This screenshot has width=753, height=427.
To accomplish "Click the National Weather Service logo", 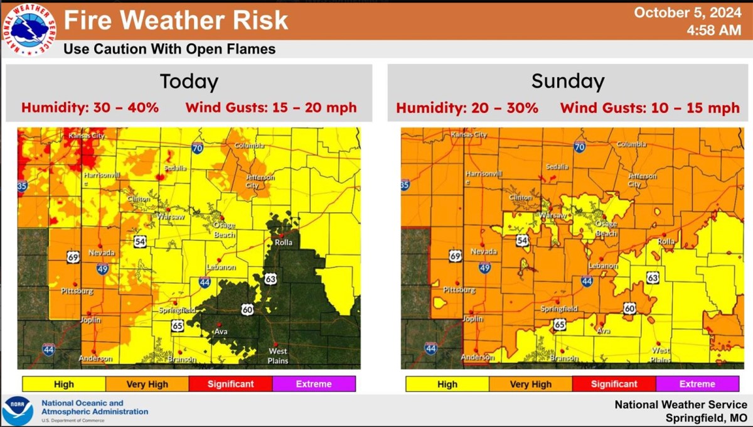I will [29, 29].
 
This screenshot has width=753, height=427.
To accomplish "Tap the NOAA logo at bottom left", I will [18, 411].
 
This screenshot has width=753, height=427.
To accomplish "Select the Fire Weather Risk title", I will [176, 20].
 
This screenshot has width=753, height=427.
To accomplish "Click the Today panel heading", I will [189, 82].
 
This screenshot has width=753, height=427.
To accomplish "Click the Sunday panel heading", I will [568, 81].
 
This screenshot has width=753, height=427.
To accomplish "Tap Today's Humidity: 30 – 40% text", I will [90, 107].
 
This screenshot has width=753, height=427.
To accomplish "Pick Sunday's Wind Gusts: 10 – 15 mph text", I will [650, 108].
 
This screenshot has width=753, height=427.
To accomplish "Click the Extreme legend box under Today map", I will [314, 384].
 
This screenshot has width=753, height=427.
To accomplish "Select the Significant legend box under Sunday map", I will [614, 384].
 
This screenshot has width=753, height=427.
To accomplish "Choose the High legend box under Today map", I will [63, 384].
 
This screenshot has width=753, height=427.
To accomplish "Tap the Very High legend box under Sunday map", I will [530, 384].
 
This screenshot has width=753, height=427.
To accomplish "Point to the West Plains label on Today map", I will [278, 355].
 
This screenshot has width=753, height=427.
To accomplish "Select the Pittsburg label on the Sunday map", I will [459, 290].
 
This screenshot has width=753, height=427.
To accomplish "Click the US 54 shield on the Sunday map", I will [522, 241].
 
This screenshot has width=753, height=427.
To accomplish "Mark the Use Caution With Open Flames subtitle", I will [169, 49].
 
